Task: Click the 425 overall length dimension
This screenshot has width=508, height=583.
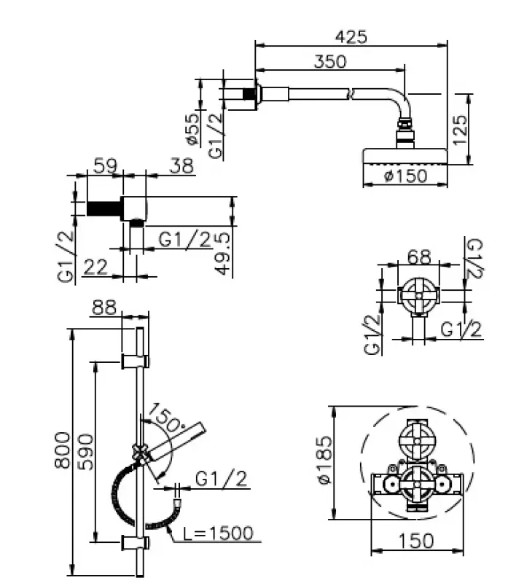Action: tap(351, 36)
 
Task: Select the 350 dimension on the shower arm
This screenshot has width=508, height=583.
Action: tap(329, 62)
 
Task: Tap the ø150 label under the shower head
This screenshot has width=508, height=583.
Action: tap(405, 176)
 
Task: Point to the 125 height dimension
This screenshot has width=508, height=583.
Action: tap(460, 129)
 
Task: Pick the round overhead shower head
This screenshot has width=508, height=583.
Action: tap(405, 156)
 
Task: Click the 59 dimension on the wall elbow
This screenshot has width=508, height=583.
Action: tap(105, 165)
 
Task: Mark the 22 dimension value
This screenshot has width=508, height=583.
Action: tap(95, 267)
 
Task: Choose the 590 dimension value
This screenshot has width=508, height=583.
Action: tap(86, 452)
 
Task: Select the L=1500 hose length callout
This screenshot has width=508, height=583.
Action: tap(219, 533)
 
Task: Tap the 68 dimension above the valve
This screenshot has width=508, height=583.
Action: tap(418, 257)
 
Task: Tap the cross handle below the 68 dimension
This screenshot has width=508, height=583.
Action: tap(418, 295)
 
